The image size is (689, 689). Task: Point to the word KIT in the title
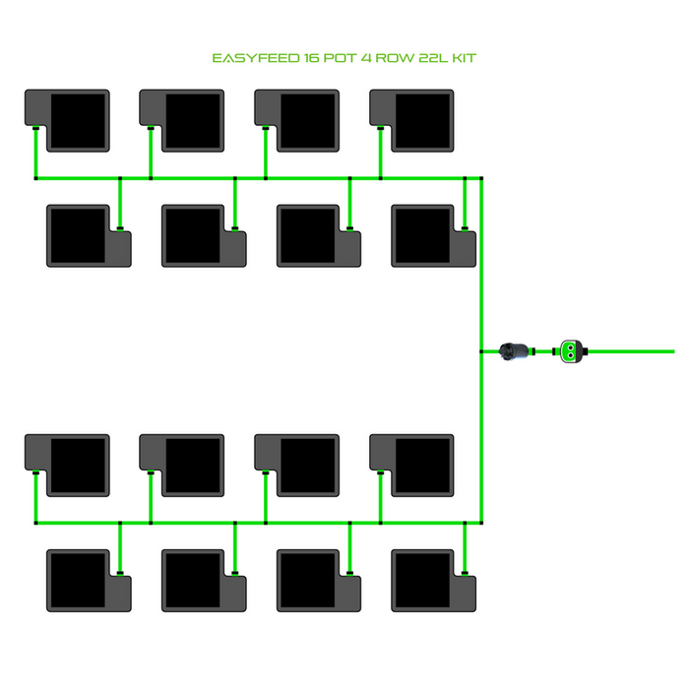(x=464, y=58)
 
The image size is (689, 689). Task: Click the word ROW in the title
(x=387, y=58)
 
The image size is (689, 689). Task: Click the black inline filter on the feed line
(x=514, y=351)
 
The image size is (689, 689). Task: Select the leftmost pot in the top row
(x=68, y=120)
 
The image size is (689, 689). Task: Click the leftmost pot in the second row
(x=89, y=235)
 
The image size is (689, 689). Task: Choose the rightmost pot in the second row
(x=434, y=235)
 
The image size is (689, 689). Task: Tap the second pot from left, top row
(x=183, y=120)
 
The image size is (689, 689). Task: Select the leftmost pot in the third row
(x=68, y=466)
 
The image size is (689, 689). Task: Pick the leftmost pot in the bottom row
(x=89, y=581)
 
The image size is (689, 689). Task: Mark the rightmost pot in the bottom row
(x=434, y=581)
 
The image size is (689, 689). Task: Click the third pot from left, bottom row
(x=319, y=581)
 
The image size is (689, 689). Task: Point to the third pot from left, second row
(x=319, y=235)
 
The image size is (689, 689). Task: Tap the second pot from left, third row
(x=183, y=466)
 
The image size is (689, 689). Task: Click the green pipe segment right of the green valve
(x=630, y=350)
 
